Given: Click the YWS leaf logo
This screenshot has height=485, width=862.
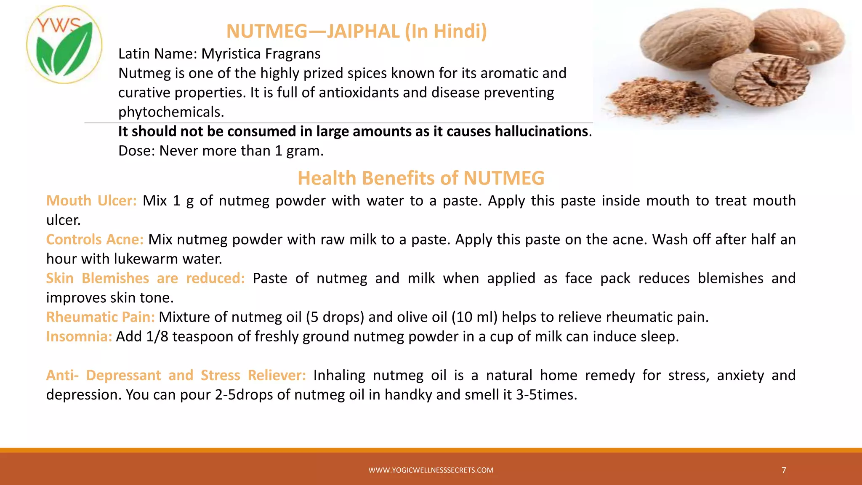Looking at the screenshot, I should tap(64, 45).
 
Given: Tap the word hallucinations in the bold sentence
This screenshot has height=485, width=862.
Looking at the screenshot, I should tap(541, 131).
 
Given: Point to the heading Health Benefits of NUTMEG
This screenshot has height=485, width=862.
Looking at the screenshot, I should tap(421, 178).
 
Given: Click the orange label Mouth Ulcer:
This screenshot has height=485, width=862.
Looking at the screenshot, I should tap(91, 201).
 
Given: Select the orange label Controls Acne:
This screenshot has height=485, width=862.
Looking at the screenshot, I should tap(95, 240).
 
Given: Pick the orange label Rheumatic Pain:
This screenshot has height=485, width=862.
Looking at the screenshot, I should tap(100, 317).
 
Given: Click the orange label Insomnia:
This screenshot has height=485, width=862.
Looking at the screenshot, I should tap(79, 336).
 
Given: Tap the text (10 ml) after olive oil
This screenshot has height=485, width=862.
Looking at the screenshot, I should tap(474, 317).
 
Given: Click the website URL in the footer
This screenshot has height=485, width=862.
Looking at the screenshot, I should tap(431, 470).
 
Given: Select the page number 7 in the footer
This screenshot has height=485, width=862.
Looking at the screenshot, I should tap(784, 470).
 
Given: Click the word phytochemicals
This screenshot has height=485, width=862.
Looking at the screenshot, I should tap(171, 112).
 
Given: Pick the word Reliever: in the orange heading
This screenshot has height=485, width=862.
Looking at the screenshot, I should tap(277, 375).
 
